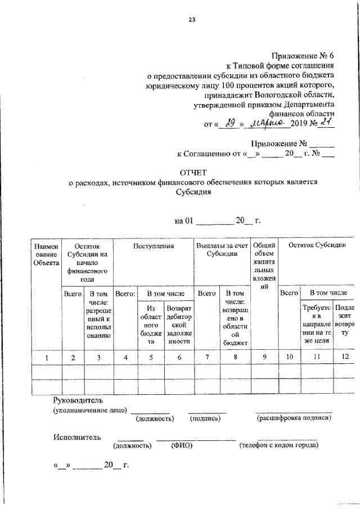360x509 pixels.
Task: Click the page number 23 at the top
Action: tap(191, 20)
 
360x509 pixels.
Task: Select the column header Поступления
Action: tap(154, 246)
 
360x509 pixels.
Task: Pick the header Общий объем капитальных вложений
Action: tap(263, 265)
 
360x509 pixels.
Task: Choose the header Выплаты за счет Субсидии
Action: tap(222, 250)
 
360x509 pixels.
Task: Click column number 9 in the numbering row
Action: tap(264, 357)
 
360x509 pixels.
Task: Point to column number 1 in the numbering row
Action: tap(46, 357)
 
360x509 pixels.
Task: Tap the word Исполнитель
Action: tap(77, 436)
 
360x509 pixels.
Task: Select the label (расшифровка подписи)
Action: tap(292, 419)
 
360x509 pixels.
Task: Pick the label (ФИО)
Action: tap(182, 445)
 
